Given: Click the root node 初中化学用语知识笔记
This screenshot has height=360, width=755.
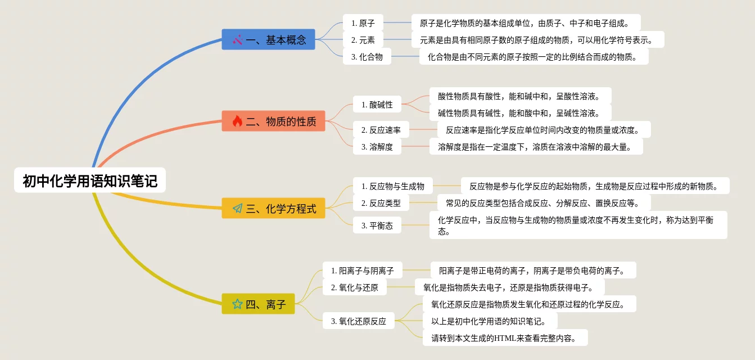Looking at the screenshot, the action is (90, 181).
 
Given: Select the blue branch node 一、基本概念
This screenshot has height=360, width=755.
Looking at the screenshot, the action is (268, 40).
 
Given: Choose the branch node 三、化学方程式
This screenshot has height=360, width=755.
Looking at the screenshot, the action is (273, 209).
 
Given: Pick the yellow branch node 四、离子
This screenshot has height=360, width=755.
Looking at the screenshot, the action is (258, 304).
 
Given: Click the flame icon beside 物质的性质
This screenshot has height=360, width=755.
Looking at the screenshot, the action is (237, 121).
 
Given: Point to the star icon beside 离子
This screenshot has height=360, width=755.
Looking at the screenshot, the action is (237, 304).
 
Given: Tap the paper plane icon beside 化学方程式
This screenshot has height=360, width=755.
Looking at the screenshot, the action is (237, 209).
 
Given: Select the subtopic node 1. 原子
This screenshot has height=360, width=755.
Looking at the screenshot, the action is (363, 23).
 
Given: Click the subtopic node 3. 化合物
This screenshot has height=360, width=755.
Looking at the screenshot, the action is (367, 57).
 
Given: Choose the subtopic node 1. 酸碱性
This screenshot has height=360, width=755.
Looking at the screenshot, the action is (377, 104).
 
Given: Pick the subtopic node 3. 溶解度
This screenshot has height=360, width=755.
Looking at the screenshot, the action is (377, 147).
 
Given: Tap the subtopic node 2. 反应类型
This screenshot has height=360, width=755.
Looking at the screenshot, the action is (381, 203).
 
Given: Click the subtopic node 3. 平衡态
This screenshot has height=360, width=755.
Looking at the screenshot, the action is (377, 226).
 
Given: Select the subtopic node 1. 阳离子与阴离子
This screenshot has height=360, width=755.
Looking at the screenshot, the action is (363, 271).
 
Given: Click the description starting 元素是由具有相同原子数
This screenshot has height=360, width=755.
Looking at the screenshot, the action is (537, 40).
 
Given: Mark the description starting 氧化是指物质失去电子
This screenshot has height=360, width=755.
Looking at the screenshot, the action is (509, 287).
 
